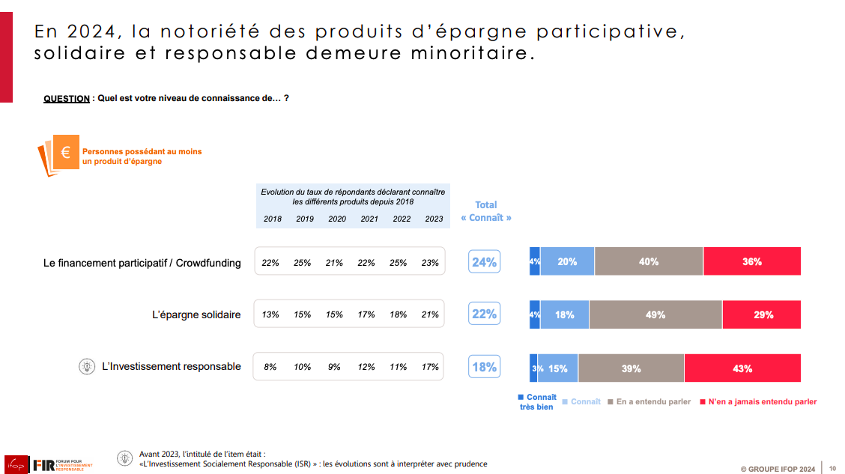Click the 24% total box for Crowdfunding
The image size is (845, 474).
tap(484, 262)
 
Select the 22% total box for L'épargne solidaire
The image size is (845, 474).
tap(484, 314)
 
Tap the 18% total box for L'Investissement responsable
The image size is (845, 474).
tap(484, 367)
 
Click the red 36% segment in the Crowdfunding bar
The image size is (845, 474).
tap(751, 261)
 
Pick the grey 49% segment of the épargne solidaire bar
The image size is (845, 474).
tap(655, 315)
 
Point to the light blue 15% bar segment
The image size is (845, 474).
tap(558, 368)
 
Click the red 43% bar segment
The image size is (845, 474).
tap(742, 368)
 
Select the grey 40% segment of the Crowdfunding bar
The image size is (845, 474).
tap(649, 261)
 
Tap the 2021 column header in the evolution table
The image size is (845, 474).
tap(369, 219)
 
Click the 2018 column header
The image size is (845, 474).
tap(273, 219)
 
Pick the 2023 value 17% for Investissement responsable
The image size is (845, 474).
tap(430, 367)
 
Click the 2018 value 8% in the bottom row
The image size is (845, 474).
tap(270, 367)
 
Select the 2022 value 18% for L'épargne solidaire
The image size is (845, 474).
tap(398, 315)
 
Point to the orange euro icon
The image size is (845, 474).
tap(65, 153)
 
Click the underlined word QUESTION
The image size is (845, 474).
tap(67, 98)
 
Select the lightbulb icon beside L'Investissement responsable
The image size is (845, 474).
tap(88, 366)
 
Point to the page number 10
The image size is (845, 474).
tap(832, 469)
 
